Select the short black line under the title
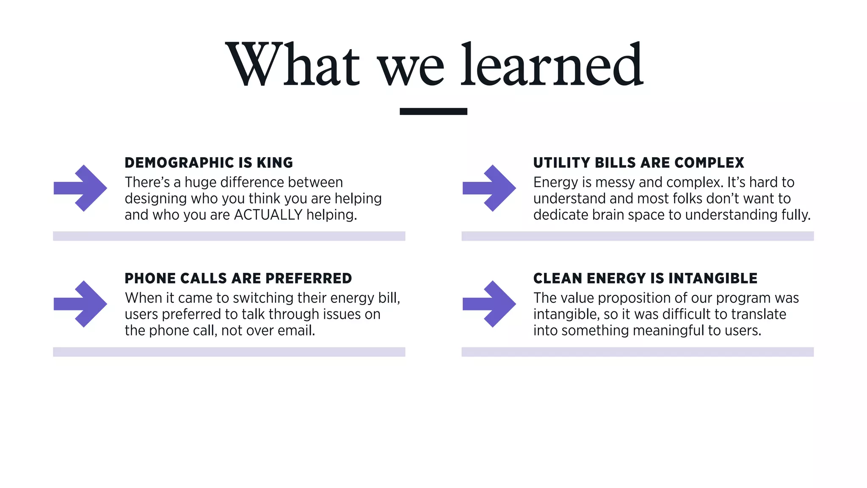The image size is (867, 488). click(x=433, y=111)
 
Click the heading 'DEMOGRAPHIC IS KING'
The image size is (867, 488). click(x=209, y=163)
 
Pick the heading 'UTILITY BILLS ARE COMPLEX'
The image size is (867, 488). click(x=638, y=163)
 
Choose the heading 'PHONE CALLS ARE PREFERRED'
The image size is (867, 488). click(x=238, y=278)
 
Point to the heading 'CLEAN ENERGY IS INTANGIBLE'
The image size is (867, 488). click(x=645, y=278)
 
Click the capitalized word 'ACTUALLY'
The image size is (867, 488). click(x=268, y=215)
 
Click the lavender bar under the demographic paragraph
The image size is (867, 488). click(x=229, y=236)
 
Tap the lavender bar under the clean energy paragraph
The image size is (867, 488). click(x=638, y=352)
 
